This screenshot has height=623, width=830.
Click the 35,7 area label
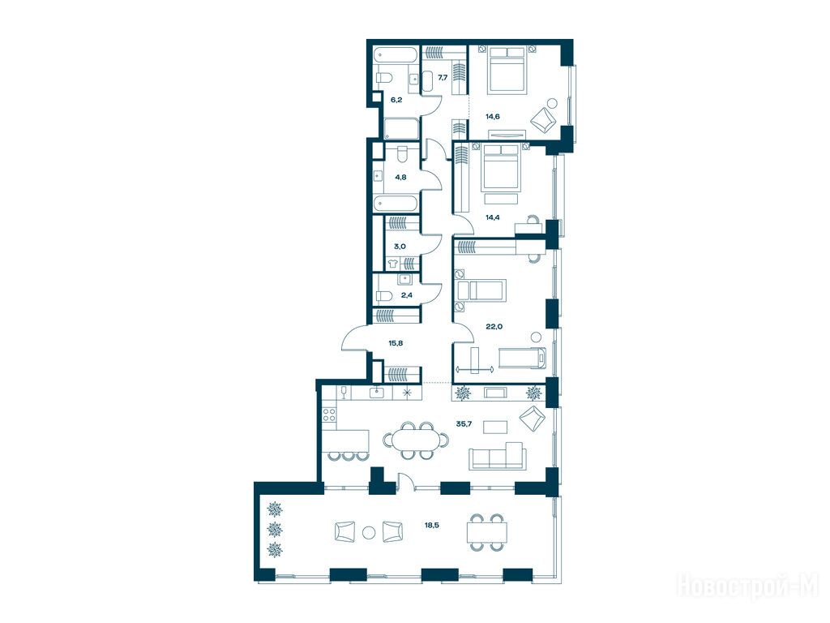(x=464, y=423)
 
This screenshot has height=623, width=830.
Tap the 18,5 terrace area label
(x=431, y=525)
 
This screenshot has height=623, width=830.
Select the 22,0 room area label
(x=494, y=326)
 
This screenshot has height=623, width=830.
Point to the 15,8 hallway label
(x=396, y=343)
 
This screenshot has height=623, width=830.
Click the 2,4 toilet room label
(x=407, y=295)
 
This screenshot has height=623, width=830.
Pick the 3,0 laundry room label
(x=400, y=247)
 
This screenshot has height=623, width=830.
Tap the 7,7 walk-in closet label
(x=443, y=77)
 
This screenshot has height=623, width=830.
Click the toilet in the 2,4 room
(x=383, y=295)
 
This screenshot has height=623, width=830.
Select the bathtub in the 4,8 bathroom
(x=396, y=203)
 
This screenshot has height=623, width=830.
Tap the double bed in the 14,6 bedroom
(x=507, y=70)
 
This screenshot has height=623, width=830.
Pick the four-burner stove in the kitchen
(x=330, y=415)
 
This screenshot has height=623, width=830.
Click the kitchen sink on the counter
(x=377, y=392)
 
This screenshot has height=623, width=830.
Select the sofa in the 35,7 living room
(x=498, y=456)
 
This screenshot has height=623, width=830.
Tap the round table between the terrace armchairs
(x=369, y=532)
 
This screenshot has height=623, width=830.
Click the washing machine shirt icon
(x=392, y=263)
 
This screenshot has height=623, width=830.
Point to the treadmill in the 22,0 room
(x=523, y=358)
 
